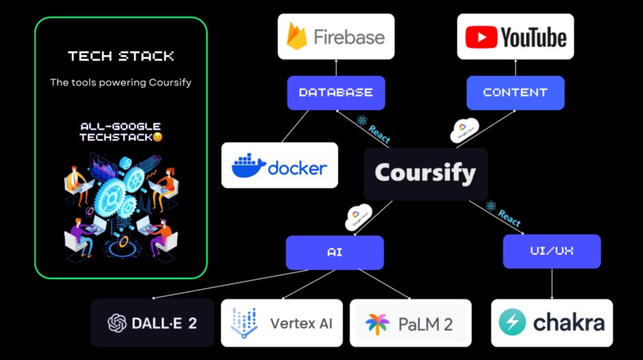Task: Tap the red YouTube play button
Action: pyautogui.click(x=480, y=37)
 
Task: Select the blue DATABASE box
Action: pyautogui.click(x=335, y=93)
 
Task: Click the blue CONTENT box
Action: pyautogui.click(x=515, y=93)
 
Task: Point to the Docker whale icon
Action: pyautogui.click(x=248, y=166)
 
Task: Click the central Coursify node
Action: pyautogui.click(x=425, y=173)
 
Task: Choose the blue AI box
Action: pyautogui.click(x=334, y=252)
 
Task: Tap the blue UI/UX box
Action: pyautogui.click(x=551, y=251)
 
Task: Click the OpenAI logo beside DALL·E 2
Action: pyautogui.click(x=117, y=323)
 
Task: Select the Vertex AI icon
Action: pyautogui.click(x=243, y=323)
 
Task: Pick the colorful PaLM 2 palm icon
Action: pyautogui.click(x=377, y=324)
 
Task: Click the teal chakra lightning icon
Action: pyautogui.click(x=512, y=323)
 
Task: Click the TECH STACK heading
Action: pyautogui.click(x=120, y=57)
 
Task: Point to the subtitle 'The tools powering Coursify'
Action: pyautogui.click(x=120, y=82)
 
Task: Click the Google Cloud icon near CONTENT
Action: pyautogui.click(x=464, y=130)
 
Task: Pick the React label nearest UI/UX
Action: pyautogui.click(x=504, y=213)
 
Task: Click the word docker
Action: pyautogui.click(x=297, y=168)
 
